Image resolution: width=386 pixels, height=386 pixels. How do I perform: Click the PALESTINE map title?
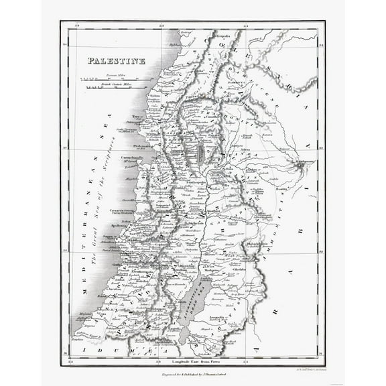116,60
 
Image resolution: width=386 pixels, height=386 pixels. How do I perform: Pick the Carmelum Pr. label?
131,159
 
